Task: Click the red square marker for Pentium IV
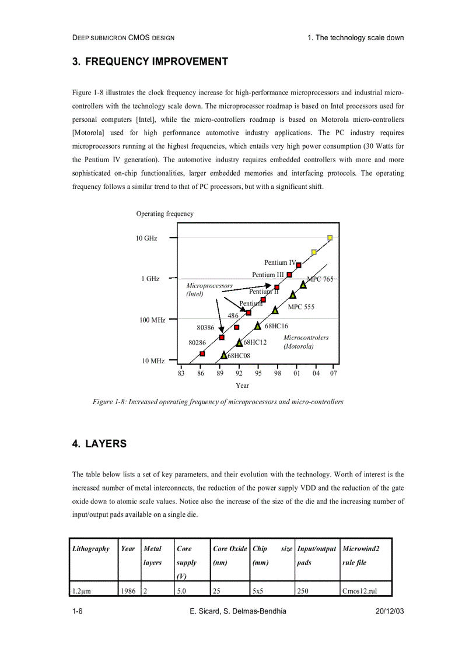click(299, 265)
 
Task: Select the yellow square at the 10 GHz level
click(330, 238)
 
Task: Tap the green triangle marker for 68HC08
click(224, 355)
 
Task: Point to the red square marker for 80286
click(202, 353)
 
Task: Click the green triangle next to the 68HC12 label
click(239, 342)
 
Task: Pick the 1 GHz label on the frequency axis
click(150, 279)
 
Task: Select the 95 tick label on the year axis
click(258, 373)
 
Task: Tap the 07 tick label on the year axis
click(333, 373)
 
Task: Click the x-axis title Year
click(242, 386)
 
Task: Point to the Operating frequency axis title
click(164, 214)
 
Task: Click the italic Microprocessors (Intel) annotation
click(209, 290)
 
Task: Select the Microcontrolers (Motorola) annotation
click(306, 342)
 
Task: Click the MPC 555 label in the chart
click(301, 307)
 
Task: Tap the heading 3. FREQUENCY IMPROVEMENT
click(150, 62)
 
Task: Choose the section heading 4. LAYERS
click(99, 444)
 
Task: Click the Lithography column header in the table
click(90, 549)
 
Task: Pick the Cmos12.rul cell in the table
click(359, 591)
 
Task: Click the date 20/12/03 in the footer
click(389, 611)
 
